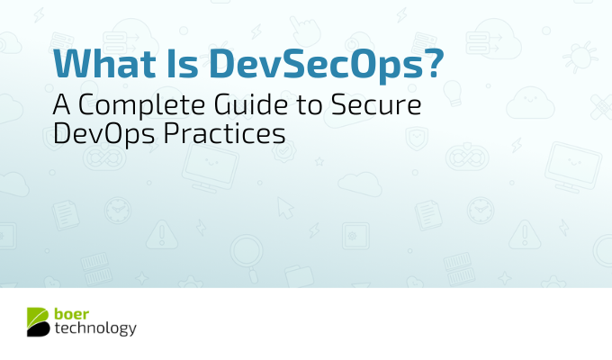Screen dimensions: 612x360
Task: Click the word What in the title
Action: click(104, 63)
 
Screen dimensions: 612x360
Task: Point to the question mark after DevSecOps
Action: click(433, 62)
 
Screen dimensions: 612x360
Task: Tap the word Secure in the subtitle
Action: click(376, 104)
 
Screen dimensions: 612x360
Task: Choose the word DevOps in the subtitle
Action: click(103, 135)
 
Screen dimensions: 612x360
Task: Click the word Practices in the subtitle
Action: click(224, 134)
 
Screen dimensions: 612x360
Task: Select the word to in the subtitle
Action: click(310, 105)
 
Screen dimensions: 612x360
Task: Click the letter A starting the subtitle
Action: click(62, 104)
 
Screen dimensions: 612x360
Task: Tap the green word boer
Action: click(71, 313)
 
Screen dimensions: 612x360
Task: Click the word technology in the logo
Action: click(95, 328)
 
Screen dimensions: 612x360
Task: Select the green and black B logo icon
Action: click(38, 321)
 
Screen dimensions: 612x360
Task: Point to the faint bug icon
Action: click(580, 58)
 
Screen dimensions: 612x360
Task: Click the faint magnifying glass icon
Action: click(247, 256)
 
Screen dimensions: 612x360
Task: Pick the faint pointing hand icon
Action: click(305, 31)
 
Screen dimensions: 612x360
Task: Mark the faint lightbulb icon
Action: click(453, 93)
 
